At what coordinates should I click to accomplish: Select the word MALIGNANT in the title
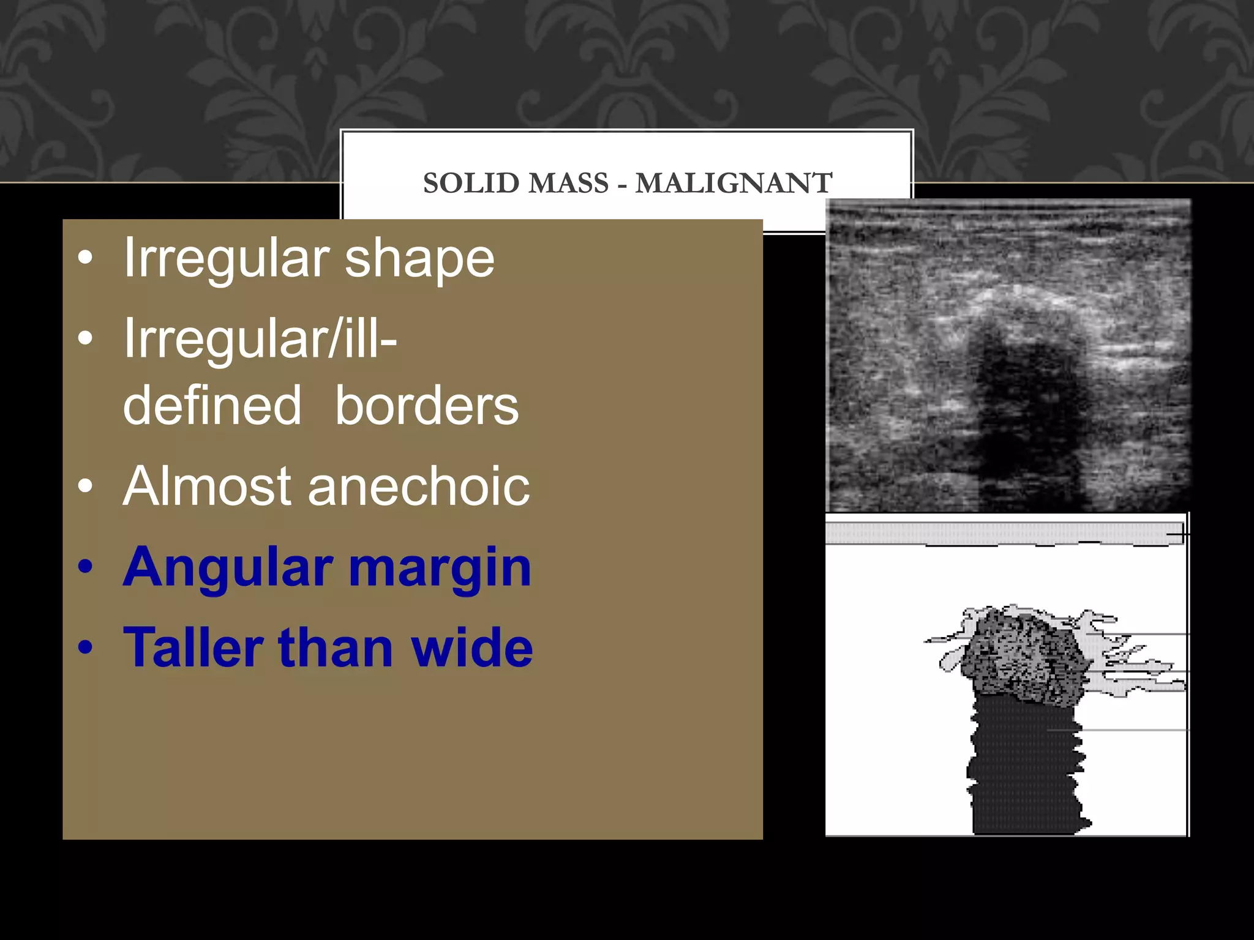734,183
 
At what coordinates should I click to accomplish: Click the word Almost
206,486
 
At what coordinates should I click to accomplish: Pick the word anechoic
419,486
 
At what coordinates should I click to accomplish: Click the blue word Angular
228,568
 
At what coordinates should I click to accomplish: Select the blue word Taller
193,647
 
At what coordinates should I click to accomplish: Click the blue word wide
471,647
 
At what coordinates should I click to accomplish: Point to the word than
336,647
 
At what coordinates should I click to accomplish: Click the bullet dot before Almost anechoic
86,487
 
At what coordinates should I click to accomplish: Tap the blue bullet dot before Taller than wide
86,647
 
